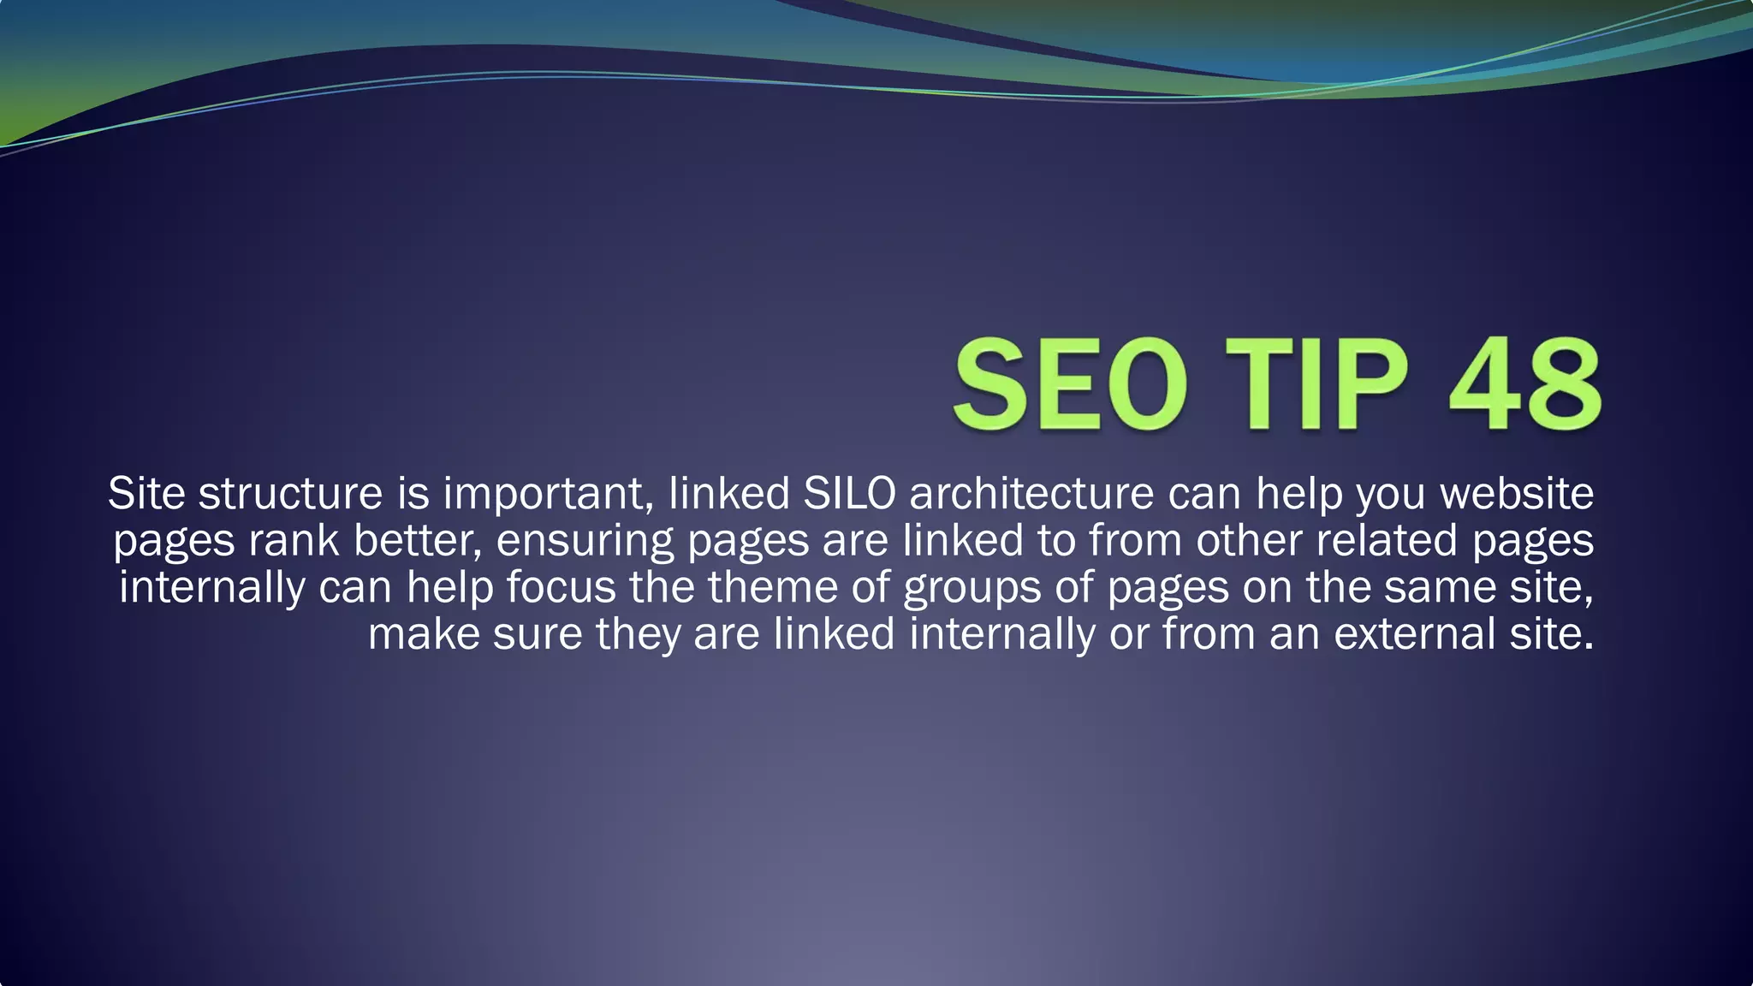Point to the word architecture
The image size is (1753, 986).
coord(1031,494)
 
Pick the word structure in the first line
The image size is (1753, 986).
coord(290,494)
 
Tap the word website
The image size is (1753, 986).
coord(1517,494)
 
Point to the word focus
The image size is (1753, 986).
coord(561,588)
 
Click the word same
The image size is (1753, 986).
coord(1439,588)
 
